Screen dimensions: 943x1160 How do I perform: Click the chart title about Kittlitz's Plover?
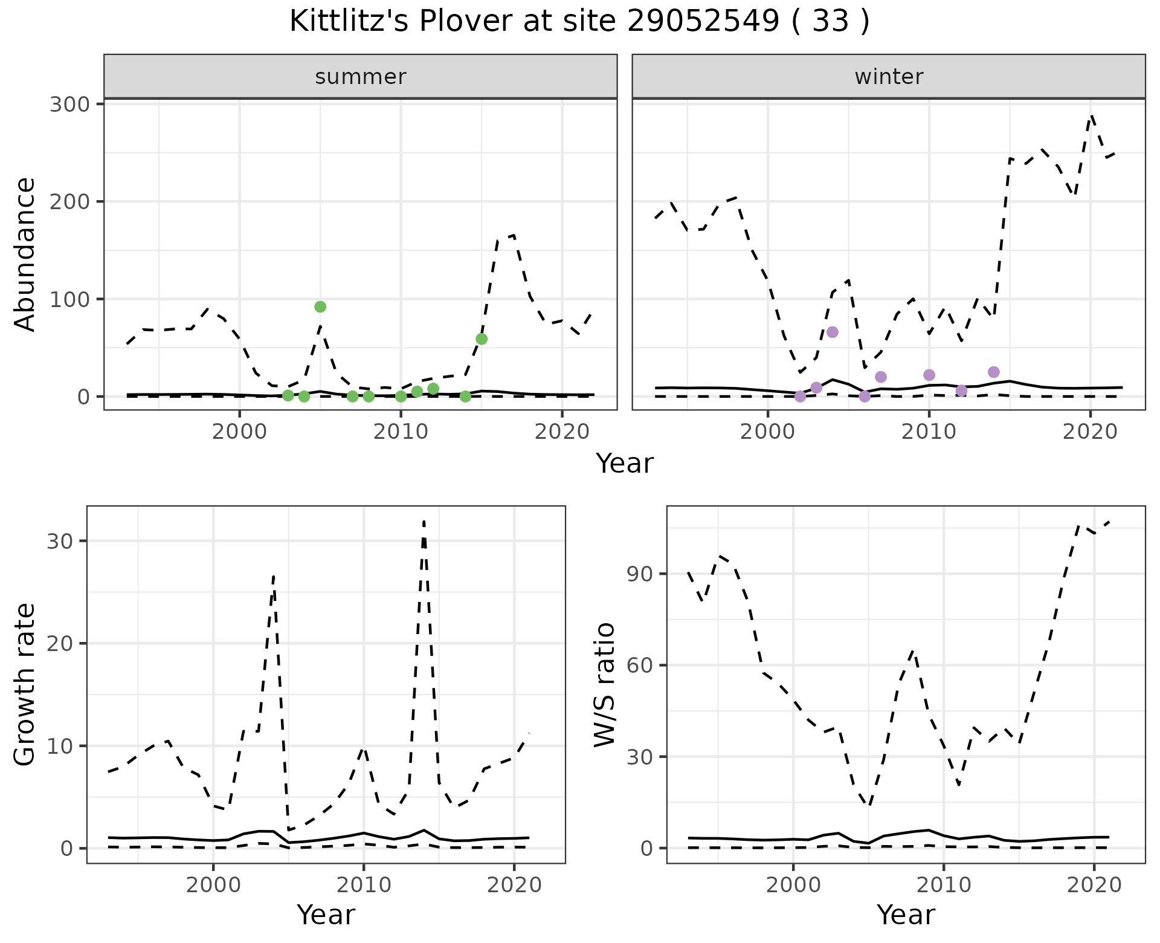pyautogui.click(x=579, y=22)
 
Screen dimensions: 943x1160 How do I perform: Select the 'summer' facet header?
pyautogui.click(x=360, y=77)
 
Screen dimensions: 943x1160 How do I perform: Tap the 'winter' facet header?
pyautogui.click(x=888, y=77)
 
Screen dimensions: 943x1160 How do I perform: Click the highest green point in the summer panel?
pyautogui.click(x=320, y=306)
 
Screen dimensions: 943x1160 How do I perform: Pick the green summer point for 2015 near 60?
pyautogui.click(x=482, y=339)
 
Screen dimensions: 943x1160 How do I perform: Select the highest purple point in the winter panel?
pyautogui.click(x=833, y=332)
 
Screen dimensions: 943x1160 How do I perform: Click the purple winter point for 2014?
pyautogui.click(x=994, y=372)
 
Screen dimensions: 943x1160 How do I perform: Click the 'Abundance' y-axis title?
pyautogui.click(x=25, y=254)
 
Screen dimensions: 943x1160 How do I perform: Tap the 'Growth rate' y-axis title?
pyautogui.click(x=25, y=684)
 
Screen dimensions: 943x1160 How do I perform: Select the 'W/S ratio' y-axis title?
pyautogui.click(x=604, y=684)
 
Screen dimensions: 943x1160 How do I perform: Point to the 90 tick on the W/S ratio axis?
pyautogui.click(x=640, y=574)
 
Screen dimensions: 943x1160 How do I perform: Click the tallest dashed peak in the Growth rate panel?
pyautogui.click(x=424, y=521)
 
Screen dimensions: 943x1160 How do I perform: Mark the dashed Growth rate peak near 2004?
pyautogui.click(x=274, y=576)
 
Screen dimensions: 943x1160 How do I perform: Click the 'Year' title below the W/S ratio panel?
pyautogui.click(x=906, y=915)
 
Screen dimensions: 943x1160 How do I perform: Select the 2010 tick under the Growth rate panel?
pyautogui.click(x=363, y=886)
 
